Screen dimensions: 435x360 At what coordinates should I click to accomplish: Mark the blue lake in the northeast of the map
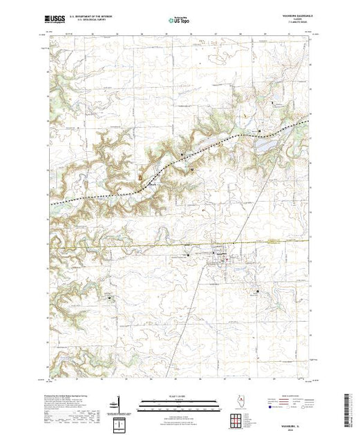click(266, 145)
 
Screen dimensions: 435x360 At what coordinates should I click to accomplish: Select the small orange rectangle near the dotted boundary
click(141, 177)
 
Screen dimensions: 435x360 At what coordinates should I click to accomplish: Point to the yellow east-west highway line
click(138, 245)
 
